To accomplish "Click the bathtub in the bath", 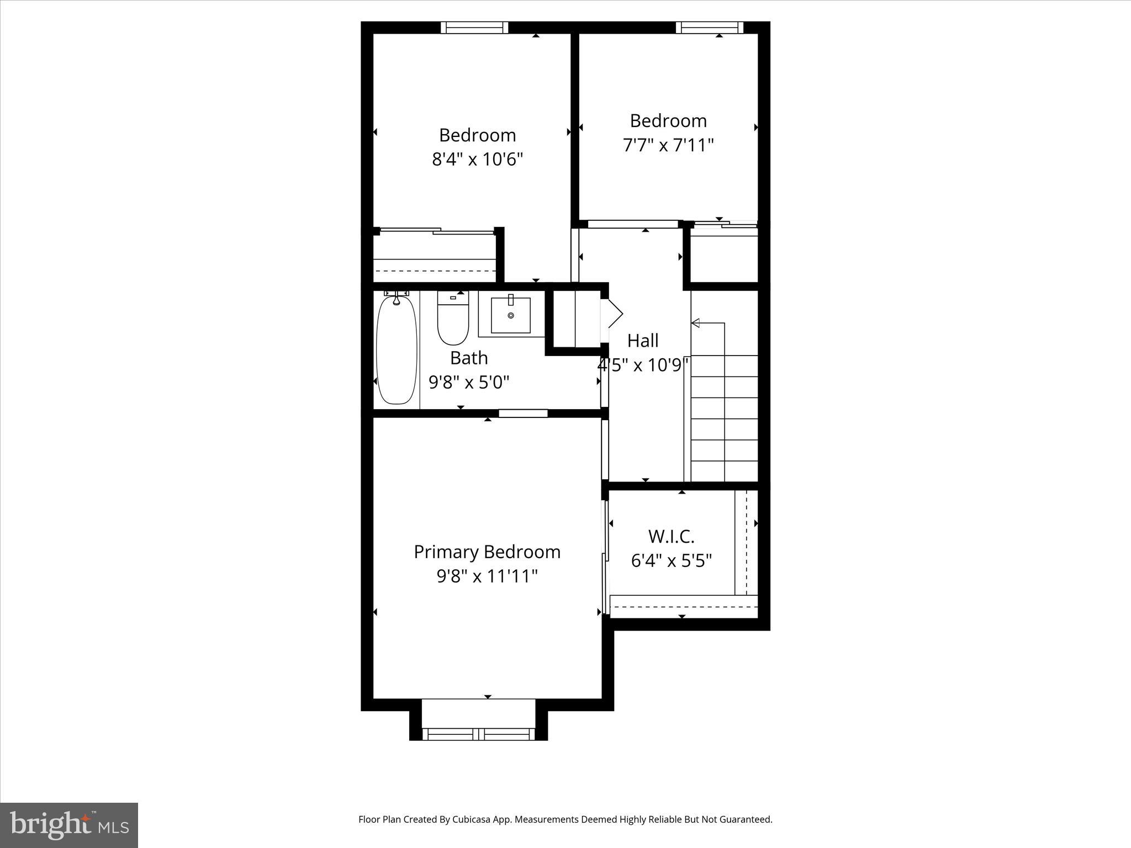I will pos(397,350).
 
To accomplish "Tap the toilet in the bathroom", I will pos(453,320).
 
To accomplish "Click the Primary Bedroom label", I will pos(487,552).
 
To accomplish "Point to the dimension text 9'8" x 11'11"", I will pos(487,576).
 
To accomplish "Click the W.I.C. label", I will pos(671,536).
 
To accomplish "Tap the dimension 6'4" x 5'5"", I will pos(671,561).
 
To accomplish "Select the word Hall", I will pos(643,341).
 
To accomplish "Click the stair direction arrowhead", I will pos(695,323).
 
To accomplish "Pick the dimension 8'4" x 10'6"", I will pos(477,160).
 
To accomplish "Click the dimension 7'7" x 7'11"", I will pos(668,145).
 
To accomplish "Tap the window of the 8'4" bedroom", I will pos(474,28).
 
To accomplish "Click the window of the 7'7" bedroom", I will pos(710,28).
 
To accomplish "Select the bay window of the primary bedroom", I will pos(478,734).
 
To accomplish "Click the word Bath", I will pos(469,358).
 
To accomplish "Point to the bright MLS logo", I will pos(69,824).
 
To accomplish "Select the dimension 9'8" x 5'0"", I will pos(469,382).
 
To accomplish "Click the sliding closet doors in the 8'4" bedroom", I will pos(436,231).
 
